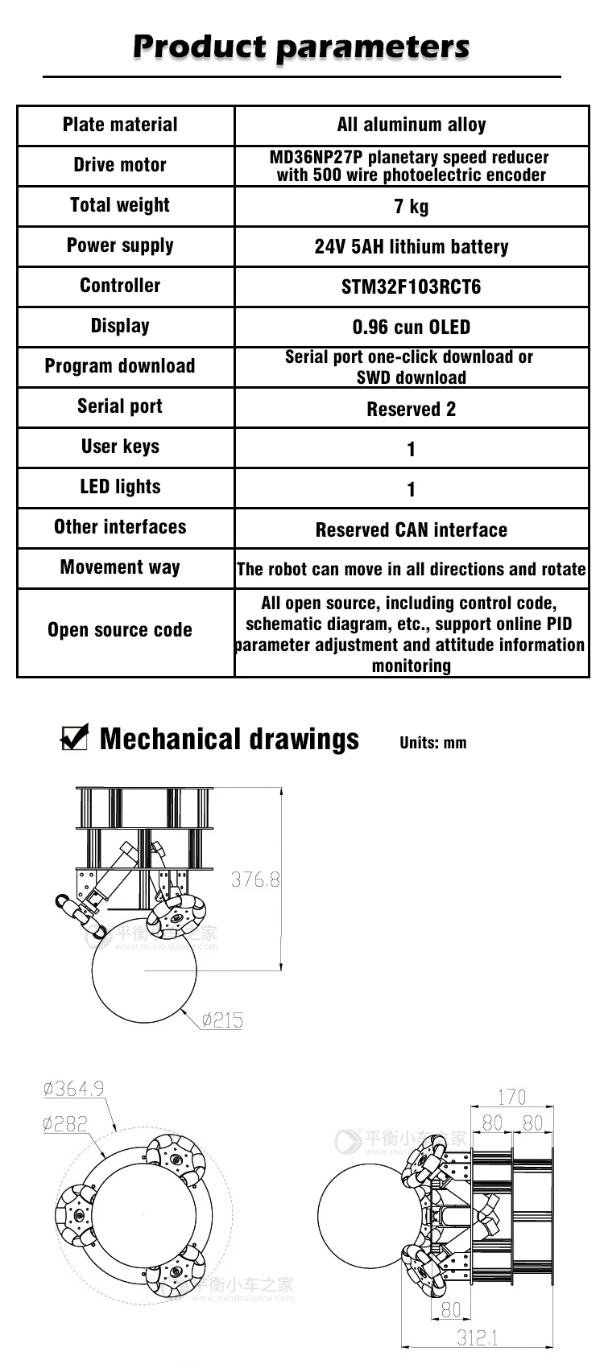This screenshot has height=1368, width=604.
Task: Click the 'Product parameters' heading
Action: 301,47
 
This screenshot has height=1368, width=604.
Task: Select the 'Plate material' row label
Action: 120,125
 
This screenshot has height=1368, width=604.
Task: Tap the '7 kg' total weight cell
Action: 411,207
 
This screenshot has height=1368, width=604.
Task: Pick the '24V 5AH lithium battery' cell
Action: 411,247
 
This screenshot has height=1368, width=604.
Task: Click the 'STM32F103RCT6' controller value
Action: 411,287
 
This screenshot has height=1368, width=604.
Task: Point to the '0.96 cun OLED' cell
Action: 411,328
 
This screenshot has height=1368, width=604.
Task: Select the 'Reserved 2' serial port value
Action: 411,409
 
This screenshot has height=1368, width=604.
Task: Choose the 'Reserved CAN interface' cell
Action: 411,529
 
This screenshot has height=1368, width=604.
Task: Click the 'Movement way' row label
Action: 120,567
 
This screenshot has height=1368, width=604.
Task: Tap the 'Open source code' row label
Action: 120,630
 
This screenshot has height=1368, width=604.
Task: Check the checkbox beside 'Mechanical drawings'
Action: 74,737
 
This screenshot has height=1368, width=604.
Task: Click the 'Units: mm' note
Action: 432,743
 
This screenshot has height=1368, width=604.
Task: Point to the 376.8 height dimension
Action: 255,879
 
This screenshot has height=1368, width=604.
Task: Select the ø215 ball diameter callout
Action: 222,1020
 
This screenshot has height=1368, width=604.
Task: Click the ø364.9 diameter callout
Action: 73,1089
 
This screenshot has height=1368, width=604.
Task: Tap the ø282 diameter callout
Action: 65,1123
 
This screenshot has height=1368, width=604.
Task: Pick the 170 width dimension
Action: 511,1096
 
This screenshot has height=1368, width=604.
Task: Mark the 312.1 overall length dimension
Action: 477,1337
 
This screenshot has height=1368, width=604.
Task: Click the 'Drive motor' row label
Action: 120,165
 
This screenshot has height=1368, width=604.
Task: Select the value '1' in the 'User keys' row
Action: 411,449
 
